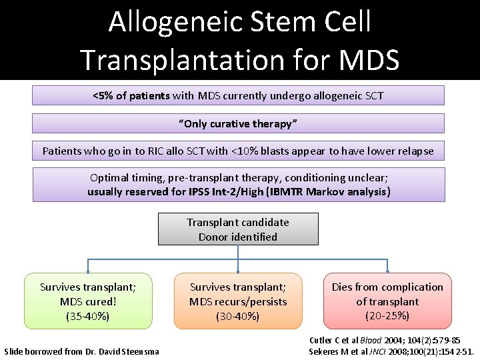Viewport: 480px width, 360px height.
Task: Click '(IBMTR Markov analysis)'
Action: pos(327,192)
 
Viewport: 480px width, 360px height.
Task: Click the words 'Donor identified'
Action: pos(238,237)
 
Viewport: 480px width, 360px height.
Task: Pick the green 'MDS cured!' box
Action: pos(88,301)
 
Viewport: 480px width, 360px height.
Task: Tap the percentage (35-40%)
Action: pos(88,316)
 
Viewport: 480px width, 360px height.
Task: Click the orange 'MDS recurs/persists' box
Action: pos(238,301)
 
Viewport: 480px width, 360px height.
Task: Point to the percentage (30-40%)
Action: pos(238,316)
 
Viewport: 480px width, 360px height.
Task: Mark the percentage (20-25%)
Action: pos(387,315)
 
